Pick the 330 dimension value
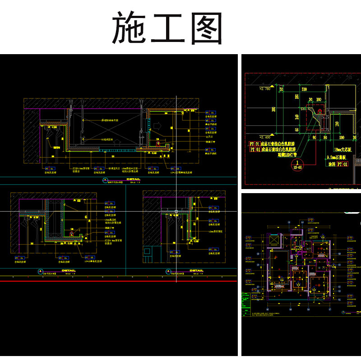305,90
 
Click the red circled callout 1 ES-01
297,164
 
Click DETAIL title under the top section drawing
134,179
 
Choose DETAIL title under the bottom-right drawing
196,271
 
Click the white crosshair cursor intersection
176,211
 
